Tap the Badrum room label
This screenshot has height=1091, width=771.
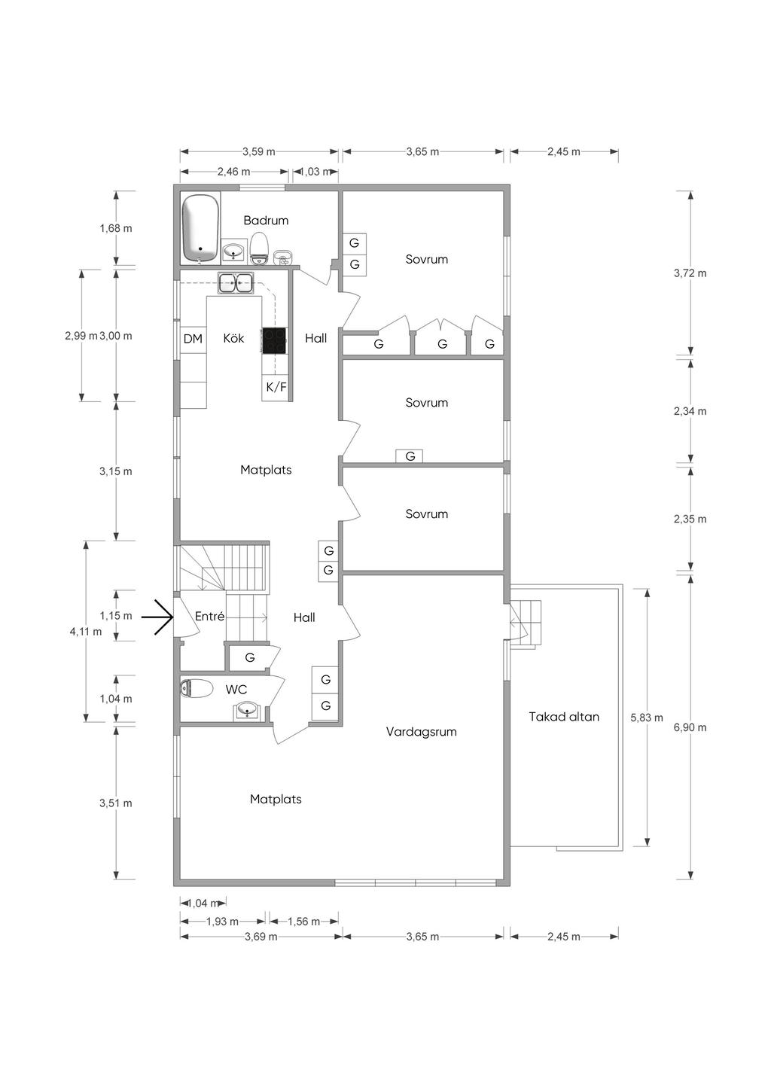(266, 220)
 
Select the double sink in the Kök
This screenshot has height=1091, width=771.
(235, 282)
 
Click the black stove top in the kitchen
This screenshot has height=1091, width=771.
(274, 340)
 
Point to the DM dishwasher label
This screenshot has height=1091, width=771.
(193, 339)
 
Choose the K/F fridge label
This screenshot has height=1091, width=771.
(276, 387)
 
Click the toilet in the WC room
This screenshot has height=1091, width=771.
(197, 689)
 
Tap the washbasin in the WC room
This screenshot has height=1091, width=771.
(248, 710)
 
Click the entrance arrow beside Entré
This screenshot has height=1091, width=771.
(157, 617)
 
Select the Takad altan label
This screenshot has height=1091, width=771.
(564, 717)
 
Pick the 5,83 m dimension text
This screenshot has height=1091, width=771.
(647, 718)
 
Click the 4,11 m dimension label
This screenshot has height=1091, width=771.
(86, 632)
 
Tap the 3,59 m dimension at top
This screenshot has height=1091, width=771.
(259, 151)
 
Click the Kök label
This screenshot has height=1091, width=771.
(233, 338)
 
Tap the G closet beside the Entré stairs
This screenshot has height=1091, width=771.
(250, 657)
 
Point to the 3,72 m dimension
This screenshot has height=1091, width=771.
(690, 273)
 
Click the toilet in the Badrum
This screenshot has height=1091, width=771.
(260, 248)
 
